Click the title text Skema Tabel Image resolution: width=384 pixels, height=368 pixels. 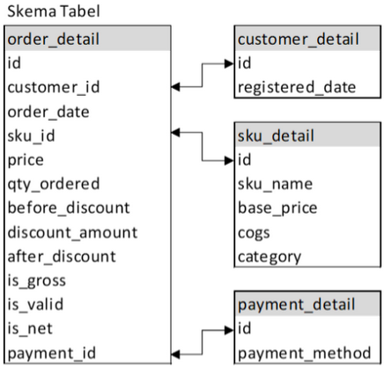[x=53, y=12]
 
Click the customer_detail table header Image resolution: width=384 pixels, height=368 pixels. [x=298, y=40]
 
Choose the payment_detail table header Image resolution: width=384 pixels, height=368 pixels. [x=297, y=305]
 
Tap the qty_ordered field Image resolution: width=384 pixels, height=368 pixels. [x=53, y=184]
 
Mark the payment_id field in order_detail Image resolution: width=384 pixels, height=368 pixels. [x=46, y=354]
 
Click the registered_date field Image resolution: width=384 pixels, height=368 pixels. [x=297, y=87]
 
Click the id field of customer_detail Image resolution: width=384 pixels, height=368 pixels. [x=247, y=63]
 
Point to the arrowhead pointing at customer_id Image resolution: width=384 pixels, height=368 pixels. [x=174, y=87]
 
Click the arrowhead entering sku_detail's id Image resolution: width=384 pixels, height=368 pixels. [x=231, y=160]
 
